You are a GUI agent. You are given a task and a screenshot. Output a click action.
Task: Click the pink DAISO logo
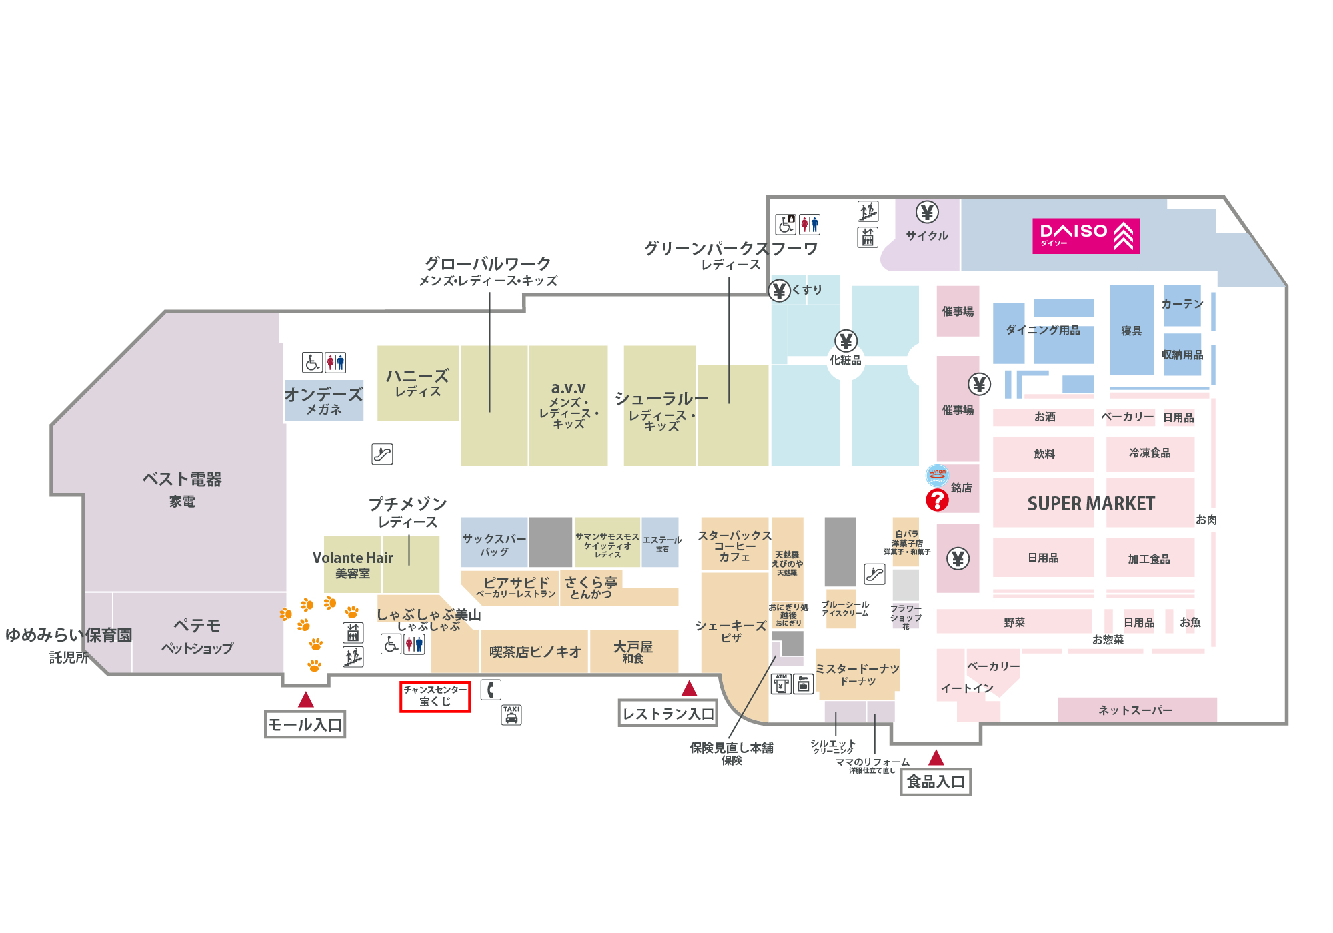[1085, 236]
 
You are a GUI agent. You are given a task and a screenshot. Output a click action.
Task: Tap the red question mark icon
[937, 500]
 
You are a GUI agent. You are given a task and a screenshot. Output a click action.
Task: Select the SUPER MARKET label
[1091, 504]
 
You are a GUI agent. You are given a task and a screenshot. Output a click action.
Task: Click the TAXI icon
[511, 715]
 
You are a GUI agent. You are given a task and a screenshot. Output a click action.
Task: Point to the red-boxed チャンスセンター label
[435, 696]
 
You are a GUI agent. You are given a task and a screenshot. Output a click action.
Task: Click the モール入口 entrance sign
[305, 724]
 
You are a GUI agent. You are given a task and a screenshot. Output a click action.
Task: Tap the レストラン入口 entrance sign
[668, 714]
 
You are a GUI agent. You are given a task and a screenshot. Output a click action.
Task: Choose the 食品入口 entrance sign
[936, 782]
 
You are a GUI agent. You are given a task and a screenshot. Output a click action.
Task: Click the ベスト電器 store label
[181, 480]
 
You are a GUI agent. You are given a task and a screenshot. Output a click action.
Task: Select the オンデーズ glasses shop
[324, 400]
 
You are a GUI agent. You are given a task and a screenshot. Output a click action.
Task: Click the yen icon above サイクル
[926, 212]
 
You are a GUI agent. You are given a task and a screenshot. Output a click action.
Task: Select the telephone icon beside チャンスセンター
[491, 689]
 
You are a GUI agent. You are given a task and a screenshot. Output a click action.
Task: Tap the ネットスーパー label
[1136, 710]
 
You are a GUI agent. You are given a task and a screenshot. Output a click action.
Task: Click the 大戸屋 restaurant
[633, 651]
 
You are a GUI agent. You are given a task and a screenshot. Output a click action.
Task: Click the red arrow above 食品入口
[936, 758]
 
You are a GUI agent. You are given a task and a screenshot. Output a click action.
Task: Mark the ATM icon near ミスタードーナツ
[781, 684]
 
